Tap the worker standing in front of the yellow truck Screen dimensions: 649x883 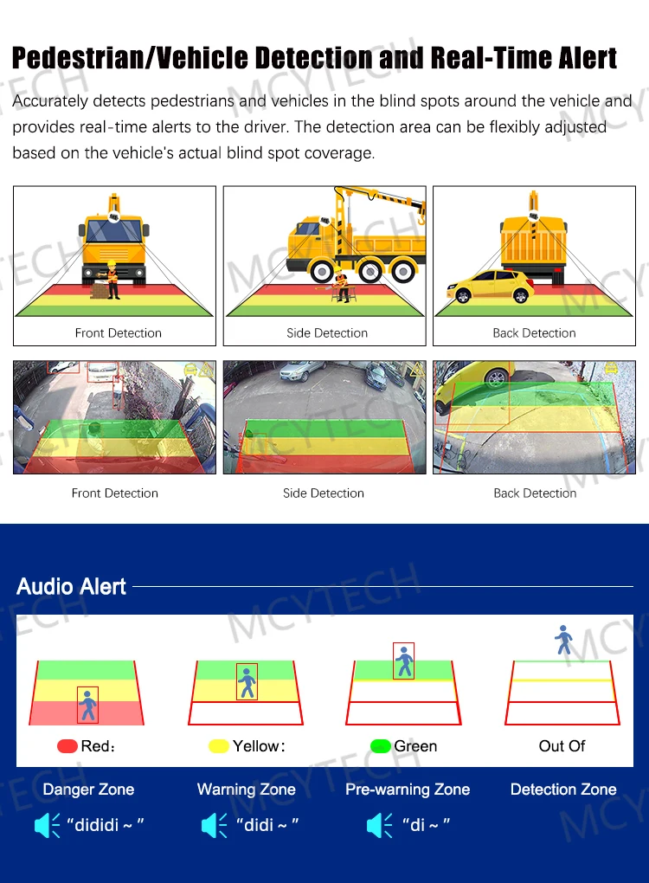pyautogui.click(x=111, y=279)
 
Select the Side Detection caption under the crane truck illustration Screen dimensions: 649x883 pyautogui.click(x=327, y=333)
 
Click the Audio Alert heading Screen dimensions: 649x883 pyautogui.click(x=72, y=586)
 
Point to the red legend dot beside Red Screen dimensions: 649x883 pyautogui.click(x=67, y=746)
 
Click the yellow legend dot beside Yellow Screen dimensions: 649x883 pyautogui.click(x=219, y=746)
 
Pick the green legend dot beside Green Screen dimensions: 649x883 pyautogui.click(x=380, y=746)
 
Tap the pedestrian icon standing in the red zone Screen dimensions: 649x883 pyautogui.click(x=87, y=705)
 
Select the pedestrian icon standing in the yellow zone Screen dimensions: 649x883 pyautogui.click(x=247, y=681)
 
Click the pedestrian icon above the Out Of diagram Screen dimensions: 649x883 pyautogui.click(x=564, y=640)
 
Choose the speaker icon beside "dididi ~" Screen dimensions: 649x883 pyautogui.click(x=48, y=825)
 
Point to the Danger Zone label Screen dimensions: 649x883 pyautogui.click(x=88, y=790)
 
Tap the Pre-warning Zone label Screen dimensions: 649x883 pyautogui.click(x=408, y=790)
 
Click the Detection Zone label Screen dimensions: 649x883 pyautogui.click(x=563, y=790)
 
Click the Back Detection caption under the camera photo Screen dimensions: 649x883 pyautogui.click(x=535, y=493)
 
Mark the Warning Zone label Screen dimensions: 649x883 pyautogui.click(x=247, y=790)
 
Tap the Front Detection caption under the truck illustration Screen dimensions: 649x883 pyautogui.click(x=119, y=333)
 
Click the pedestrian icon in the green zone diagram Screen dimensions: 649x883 pyautogui.click(x=404, y=662)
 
